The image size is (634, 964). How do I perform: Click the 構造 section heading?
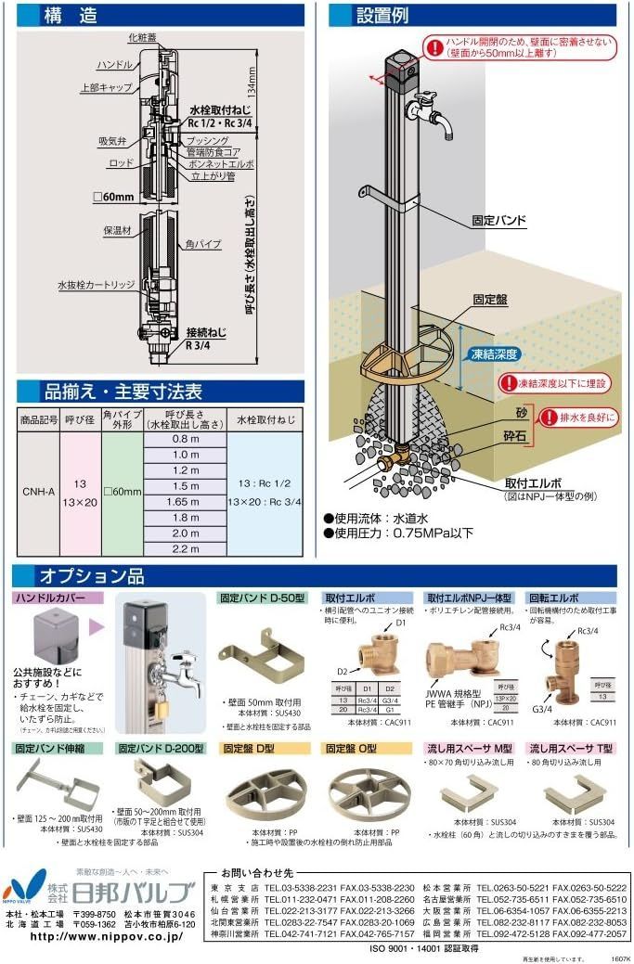72,15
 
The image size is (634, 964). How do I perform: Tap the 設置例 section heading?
382,15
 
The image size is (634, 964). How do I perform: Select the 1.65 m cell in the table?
186,501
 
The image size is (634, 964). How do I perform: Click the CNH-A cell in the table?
38,494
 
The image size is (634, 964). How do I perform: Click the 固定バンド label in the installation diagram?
498,222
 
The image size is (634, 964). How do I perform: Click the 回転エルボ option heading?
553,598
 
